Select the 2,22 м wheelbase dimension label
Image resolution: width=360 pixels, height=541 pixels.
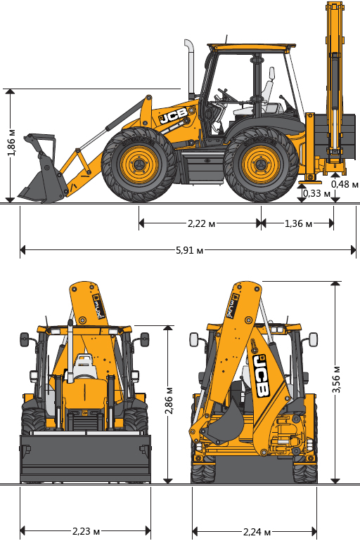(201, 223)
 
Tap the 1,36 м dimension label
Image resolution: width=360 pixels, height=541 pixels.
(298, 223)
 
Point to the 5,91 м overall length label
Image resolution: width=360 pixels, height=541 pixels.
(189, 250)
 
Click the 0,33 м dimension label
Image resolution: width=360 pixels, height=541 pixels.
(316, 193)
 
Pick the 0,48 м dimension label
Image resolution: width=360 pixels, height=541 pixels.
(345, 184)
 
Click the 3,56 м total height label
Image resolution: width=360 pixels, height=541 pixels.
(336, 379)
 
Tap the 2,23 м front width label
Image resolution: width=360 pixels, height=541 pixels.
(86, 531)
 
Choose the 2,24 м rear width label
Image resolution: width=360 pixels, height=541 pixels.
(257, 532)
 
